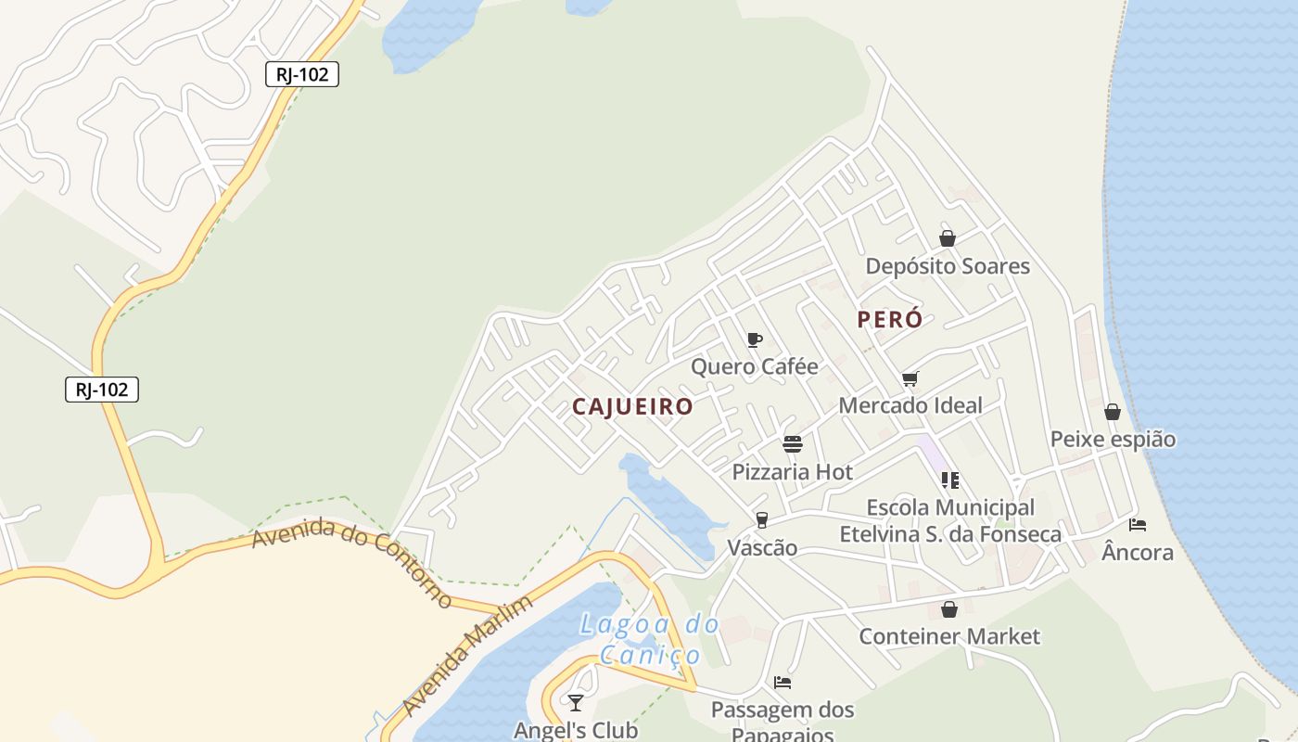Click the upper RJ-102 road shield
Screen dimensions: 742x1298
tap(302, 74)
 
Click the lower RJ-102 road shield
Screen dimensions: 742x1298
tap(102, 390)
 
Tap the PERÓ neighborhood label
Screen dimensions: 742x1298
tap(890, 320)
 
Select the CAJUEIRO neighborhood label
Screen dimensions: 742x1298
tap(632, 406)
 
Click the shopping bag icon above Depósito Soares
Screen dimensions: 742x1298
tap(947, 238)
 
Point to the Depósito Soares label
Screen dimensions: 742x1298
tap(948, 266)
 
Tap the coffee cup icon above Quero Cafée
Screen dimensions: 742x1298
tap(755, 339)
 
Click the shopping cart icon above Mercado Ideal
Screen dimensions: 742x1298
tap(910, 378)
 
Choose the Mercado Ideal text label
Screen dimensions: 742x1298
tap(910, 405)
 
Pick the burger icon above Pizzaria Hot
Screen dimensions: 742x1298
tap(792, 444)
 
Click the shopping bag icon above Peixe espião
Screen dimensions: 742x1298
tap(1113, 412)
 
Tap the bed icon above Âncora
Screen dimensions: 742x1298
tap(1138, 525)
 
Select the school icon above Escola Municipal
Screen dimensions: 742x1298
tap(949, 480)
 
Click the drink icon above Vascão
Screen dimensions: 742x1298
tap(762, 519)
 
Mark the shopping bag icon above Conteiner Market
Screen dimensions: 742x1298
tap(948, 609)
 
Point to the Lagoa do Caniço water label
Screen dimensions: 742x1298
tap(650, 639)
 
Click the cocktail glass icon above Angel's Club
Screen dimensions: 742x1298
tap(576, 702)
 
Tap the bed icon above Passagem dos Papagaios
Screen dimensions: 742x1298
tap(783, 683)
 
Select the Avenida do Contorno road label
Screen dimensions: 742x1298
tap(351, 562)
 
